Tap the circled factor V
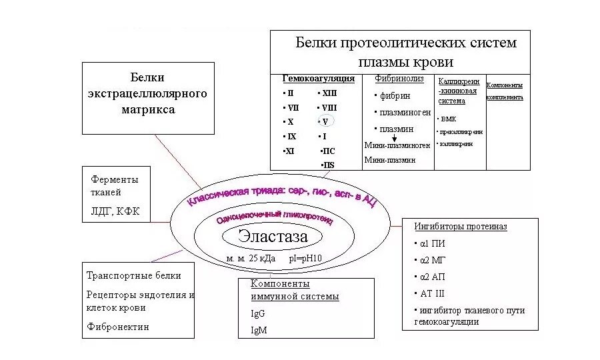(325, 122)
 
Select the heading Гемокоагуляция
(318, 79)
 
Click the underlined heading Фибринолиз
(399, 79)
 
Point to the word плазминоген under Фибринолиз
(405, 113)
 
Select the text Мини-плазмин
(390, 160)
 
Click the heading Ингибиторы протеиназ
(460, 227)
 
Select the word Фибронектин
(118, 327)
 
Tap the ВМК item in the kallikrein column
(448, 119)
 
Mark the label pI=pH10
(305, 258)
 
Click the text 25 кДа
(262, 258)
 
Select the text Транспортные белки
(133, 275)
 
